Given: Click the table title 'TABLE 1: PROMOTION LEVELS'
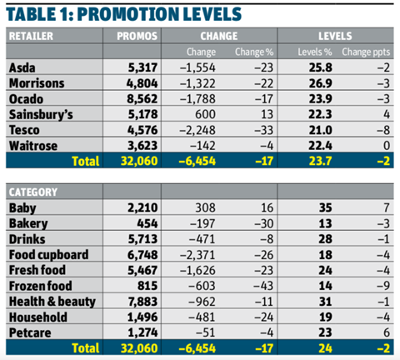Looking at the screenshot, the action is coord(124,14).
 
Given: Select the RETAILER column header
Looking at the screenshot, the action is coord(31,36).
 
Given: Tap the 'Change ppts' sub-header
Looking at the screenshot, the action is coord(366,52).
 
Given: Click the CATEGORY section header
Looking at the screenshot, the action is coord(33,192).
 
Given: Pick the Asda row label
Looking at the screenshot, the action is coord(22,67).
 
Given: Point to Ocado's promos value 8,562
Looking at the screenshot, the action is coord(142,99).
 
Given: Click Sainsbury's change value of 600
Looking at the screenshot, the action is coord(205,114).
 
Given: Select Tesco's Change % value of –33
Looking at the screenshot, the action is coord(264,130).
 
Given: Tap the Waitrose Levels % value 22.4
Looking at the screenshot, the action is coord(320,146).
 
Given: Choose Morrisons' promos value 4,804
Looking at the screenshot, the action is coord(142,83).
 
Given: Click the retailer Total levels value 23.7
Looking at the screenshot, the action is coord(320,161).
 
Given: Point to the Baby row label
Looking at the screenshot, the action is coord(22,208).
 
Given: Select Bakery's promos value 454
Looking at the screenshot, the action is coord(147,223).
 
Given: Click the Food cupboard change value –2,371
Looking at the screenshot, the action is coord(197,255).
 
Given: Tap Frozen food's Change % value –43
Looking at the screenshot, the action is coord(263,286).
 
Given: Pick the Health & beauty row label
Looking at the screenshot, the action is coord(52,302).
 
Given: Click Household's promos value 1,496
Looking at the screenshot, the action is coord(142,317).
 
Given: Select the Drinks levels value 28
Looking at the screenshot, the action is coord(325,239).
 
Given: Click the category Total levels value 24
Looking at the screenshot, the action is coord(325,348).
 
